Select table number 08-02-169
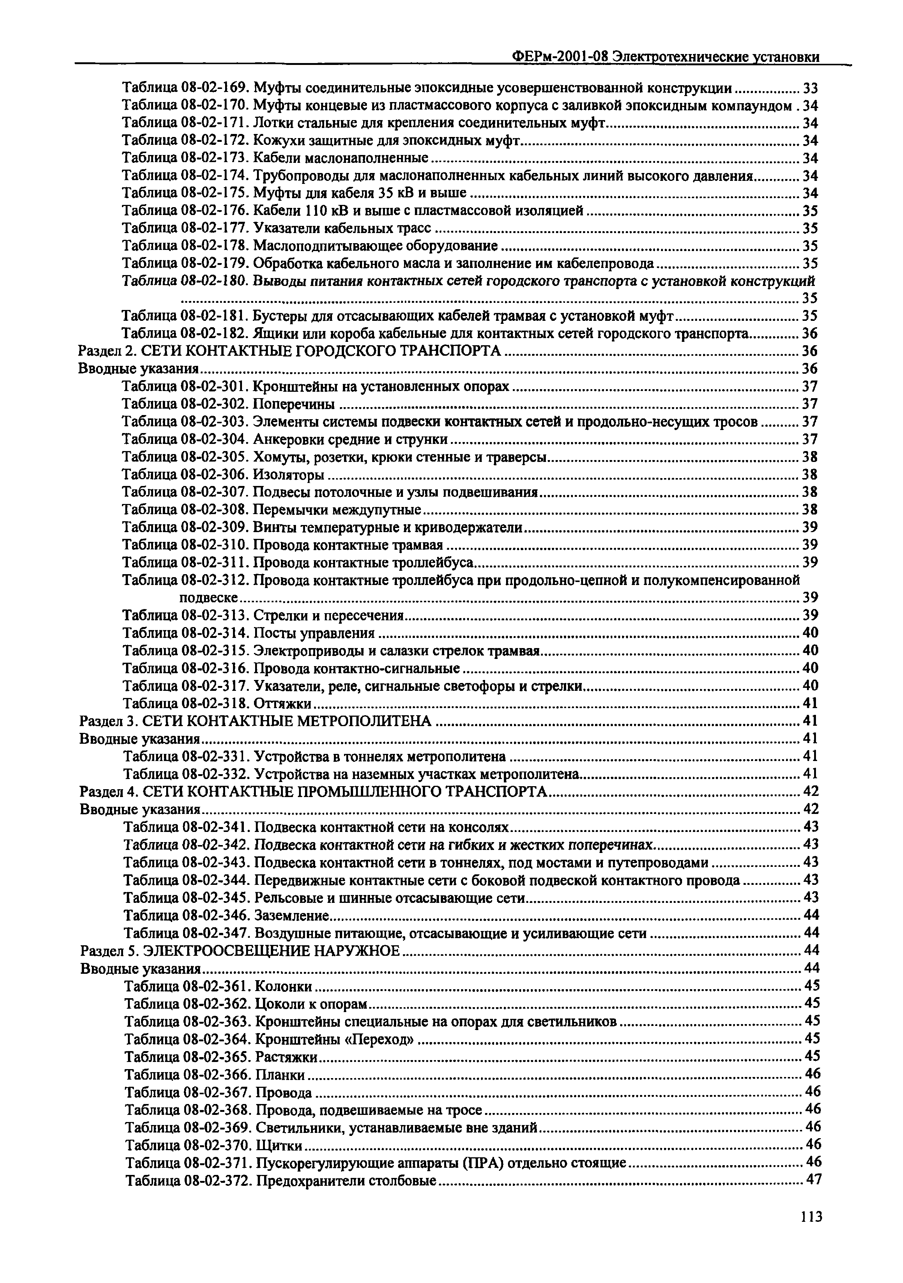[215, 88]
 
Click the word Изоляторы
[288, 475]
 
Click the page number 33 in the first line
[810, 88]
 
